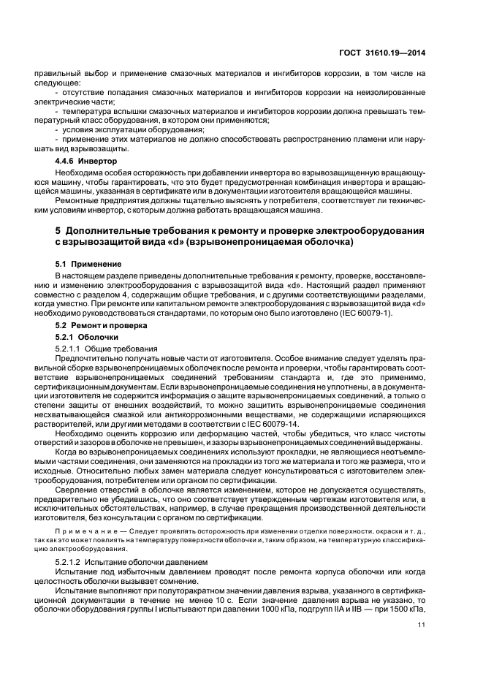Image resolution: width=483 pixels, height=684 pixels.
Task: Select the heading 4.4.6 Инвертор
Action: [x=88, y=159]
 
